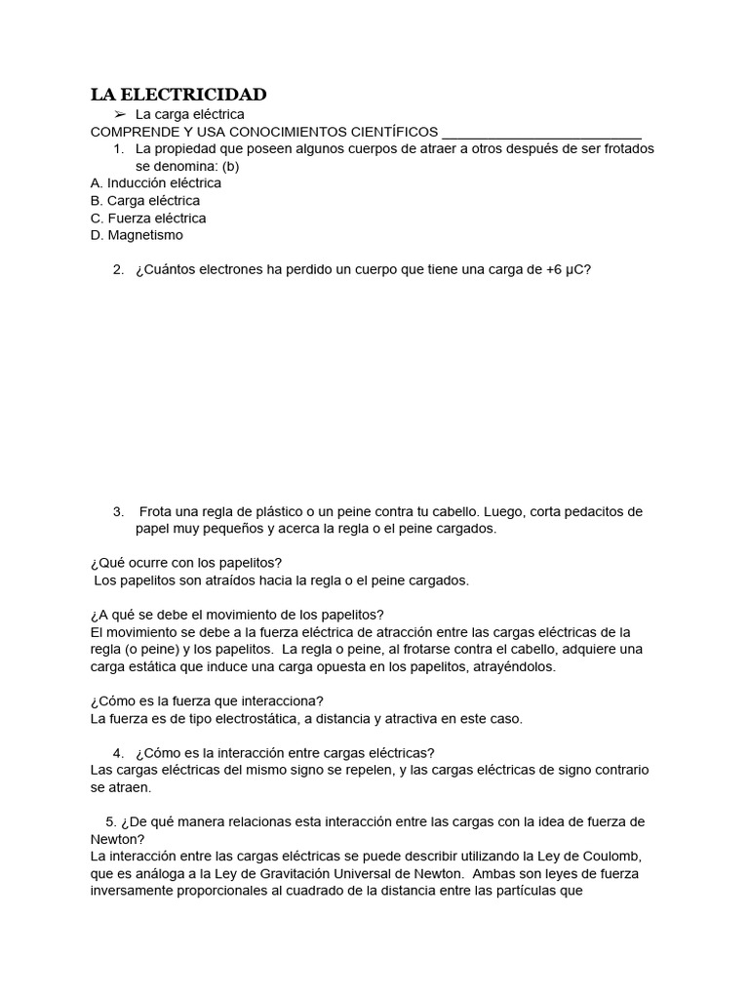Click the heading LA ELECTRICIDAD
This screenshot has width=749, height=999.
point(178,95)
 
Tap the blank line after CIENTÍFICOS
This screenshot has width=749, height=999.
point(541,133)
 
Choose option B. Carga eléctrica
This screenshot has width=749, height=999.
point(145,200)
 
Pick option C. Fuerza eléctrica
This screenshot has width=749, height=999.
point(148,218)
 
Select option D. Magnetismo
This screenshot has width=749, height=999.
point(137,235)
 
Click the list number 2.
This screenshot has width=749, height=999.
point(118,270)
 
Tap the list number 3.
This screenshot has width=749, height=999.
point(118,511)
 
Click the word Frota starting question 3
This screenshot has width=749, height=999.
point(157,511)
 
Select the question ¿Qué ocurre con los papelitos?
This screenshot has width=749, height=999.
point(185,563)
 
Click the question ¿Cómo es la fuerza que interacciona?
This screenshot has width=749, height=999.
point(207,700)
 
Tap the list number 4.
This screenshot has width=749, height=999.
point(118,752)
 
